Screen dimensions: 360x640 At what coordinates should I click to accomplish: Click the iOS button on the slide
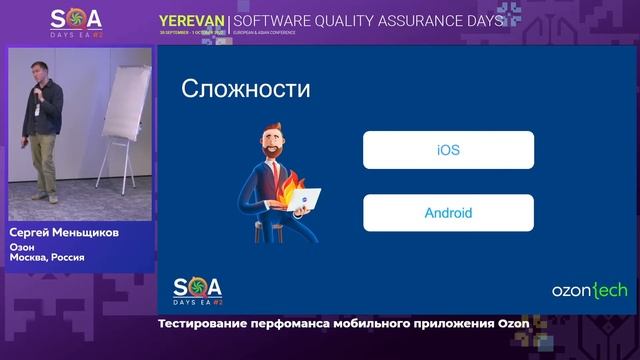[x=448, y=150]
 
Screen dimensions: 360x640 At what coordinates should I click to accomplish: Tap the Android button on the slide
[x=448, y=212]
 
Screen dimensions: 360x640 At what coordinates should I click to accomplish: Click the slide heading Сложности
[x=245, y=88]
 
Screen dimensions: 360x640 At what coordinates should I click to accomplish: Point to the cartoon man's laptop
[x=303, y=201]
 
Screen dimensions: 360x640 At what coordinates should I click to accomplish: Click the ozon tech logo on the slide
[x=589, y=290]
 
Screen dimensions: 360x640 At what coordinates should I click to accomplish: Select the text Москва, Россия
[x=47, y=257]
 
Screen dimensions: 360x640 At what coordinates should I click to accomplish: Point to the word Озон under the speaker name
[x=22, y=246]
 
